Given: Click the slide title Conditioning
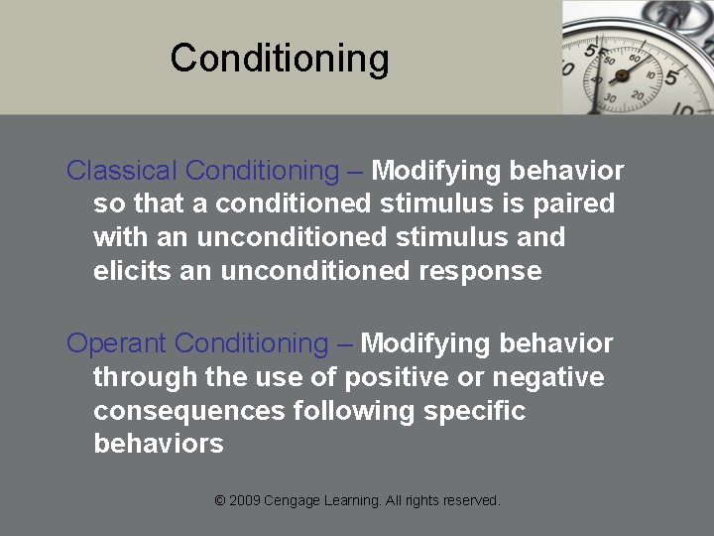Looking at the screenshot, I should pyautogui.click(x=279, y=59).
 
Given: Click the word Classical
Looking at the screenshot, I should pyautogui.click(x=121, y=171).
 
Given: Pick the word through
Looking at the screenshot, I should pyautogui.click(x=141, y=377).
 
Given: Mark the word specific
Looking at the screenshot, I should pyautogui.click(x=477, y=411).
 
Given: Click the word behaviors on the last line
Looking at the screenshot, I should pyautogui.click(x=159, y=444).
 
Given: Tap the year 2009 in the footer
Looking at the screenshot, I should pyautogui.click(x=245, y=501).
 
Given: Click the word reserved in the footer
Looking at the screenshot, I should pyautogui.click(x=470, y=501).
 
